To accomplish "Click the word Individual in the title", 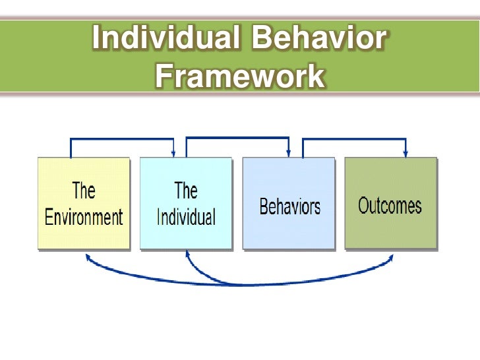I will (x=164, y=38).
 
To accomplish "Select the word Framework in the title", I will (x=240, y=76).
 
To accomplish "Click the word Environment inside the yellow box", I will (x=84, y=217).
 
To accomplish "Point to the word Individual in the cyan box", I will (x=186, y=217).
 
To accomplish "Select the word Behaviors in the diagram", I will (x=289, y=206).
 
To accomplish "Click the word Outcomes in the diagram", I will (x=390, y=206).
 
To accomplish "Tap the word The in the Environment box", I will (x=84, y=191).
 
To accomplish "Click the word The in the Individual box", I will (x=186, y=191).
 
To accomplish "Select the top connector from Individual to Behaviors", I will (x=237, y=138).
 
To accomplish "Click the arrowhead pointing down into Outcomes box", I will (x=405, y=154).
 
